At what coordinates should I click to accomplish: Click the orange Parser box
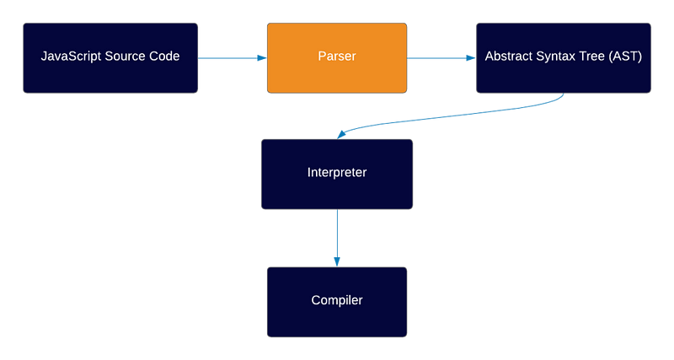[x=337, y=58]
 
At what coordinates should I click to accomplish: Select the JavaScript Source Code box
[x=110, y=58]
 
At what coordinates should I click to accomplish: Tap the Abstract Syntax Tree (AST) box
[x=564, y=58]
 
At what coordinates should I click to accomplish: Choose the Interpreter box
[x=337, y=175]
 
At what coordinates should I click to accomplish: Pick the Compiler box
[x=337, y=302]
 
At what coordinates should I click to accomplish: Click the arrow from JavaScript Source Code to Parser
[x=233, y=58]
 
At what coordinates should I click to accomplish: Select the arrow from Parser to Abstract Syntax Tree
[x=441, y=58]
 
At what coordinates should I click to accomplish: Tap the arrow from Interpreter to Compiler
[x=337, y=238]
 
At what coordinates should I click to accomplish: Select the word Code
[x=164, y=56]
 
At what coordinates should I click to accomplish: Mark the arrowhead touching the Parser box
[x=262, y=58]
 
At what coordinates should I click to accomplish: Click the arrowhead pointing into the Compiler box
[x=337, y=262]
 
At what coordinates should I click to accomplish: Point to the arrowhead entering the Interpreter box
[x=342, y=134]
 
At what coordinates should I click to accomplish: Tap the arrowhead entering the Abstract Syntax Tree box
[x=471, y=58]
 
